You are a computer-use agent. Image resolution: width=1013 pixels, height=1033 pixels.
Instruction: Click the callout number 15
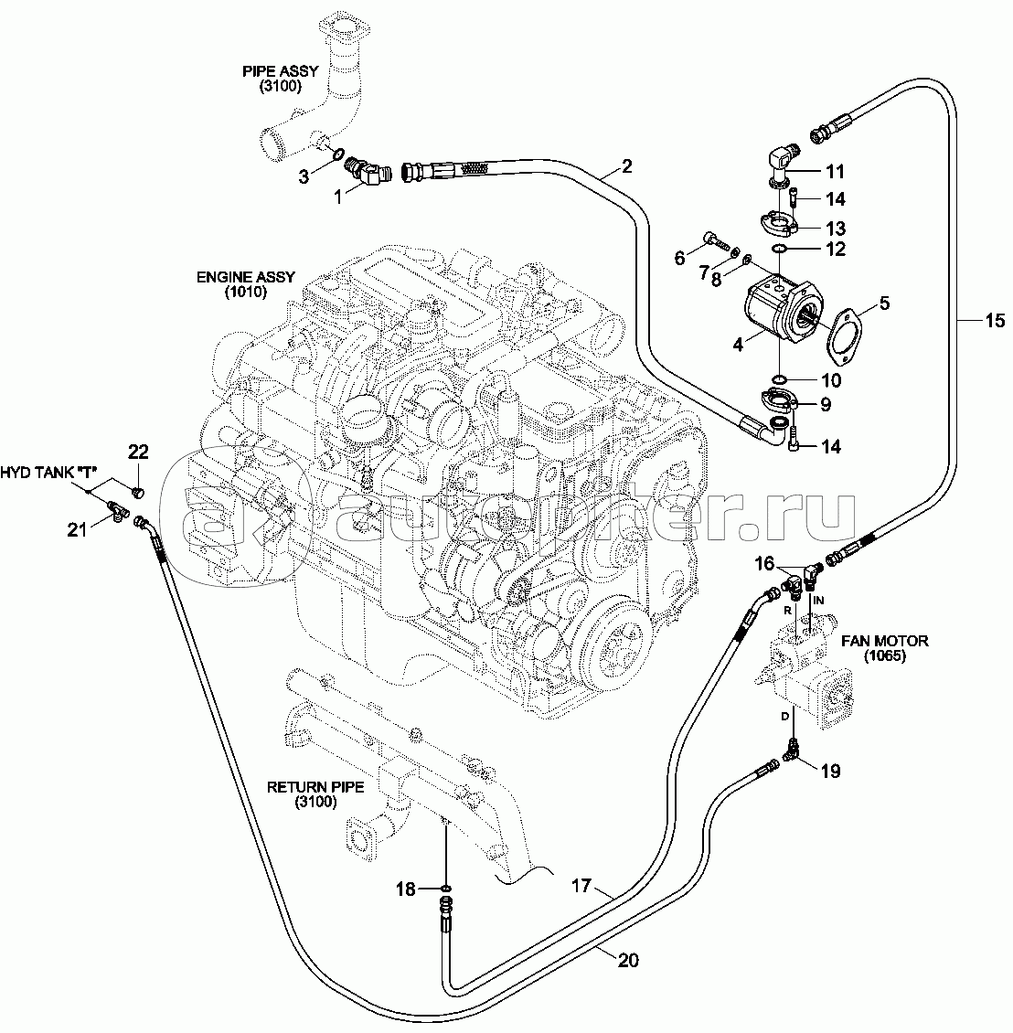click(995, 320)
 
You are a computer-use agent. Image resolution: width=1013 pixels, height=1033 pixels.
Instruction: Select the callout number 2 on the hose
click(626, 165)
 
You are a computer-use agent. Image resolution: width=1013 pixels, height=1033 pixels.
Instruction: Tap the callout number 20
click(627, 960)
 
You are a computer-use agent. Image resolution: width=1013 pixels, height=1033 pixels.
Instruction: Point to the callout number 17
click(581, 885)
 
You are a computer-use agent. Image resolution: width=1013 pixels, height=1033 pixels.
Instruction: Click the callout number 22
click(137, 452)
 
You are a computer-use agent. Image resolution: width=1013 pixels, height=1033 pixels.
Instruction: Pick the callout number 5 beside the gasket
click(883, 303)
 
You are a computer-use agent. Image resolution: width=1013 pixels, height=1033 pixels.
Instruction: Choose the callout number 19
click(829, 771)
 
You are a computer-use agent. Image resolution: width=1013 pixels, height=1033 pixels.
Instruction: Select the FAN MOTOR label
click(886, 648)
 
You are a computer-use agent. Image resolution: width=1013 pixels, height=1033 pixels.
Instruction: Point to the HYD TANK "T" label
click(49, 473)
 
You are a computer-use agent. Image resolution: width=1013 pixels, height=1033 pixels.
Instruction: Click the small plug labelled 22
click(139, 492)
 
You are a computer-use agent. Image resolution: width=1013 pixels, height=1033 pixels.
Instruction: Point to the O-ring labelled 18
click(445, 888)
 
